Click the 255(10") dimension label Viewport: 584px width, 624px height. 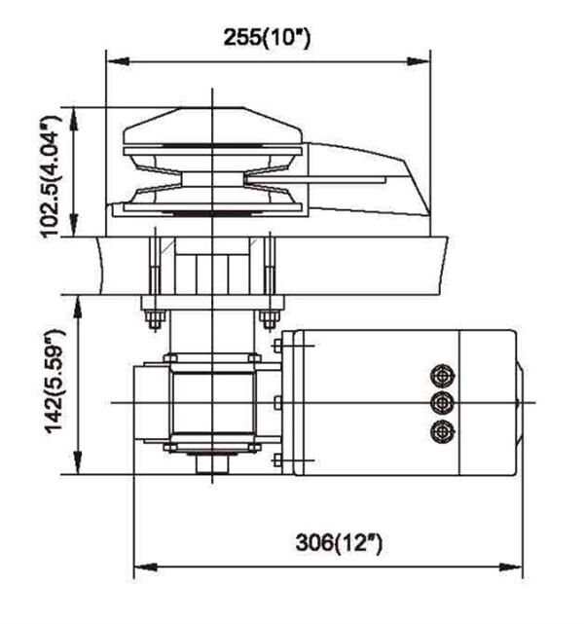pyautogui.click(x=267, y=38)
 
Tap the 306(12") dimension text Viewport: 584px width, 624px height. pyautogui.click(x=339, y=543)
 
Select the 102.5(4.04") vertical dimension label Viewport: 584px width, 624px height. pyautogui.click(x=52, y=177)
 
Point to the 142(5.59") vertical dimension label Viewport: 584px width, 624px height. pyautogui.click(x=55, y=383)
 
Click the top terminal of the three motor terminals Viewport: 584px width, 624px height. pyautogui.click(x=442, y=376)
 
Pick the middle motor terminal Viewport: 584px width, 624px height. pyautogui.click(x=442, y=403)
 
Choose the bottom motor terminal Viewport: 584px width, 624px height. pyautogui.click(x=442, y=431)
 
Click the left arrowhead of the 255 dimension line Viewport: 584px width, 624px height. pyautogui.click(x=119, y=61)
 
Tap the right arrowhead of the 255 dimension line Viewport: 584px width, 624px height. pyautogui.click(x=419, y=61)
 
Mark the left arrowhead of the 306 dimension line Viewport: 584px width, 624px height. pyautogui.click(x=146, y=567)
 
